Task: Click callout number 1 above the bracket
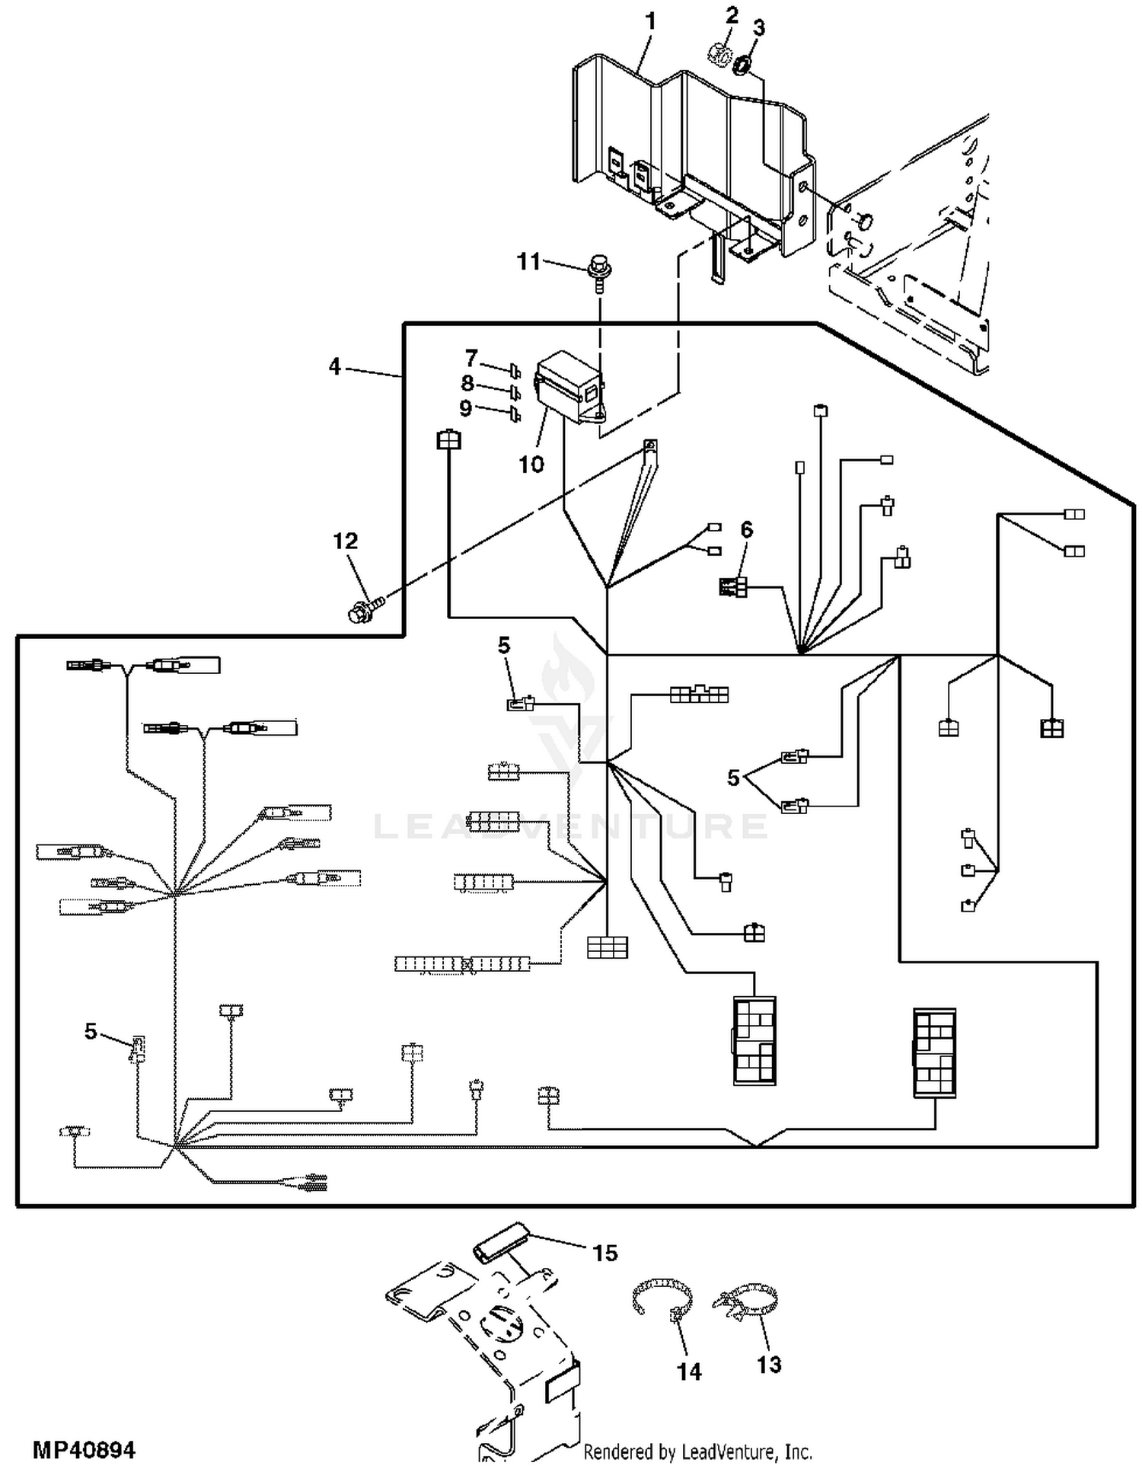[649, 21]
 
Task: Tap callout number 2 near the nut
[732, 14]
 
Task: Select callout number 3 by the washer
[758, 27]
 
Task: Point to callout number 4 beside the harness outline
[334, 366]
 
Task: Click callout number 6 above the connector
[746, 529]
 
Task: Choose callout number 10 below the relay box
[531, 464]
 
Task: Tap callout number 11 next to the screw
[528, 261]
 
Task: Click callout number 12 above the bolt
[345, 541]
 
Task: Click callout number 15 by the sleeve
[605, 1253]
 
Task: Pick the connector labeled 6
[733, 587]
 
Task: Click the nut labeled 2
[720, 56]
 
